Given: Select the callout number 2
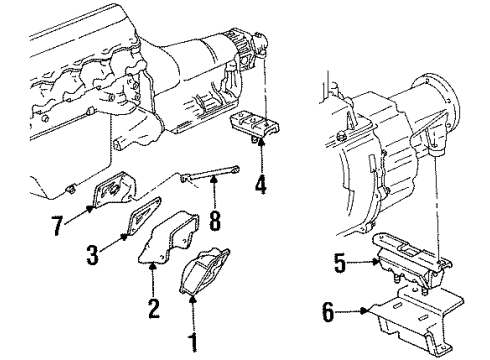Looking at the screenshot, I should click(152, 307).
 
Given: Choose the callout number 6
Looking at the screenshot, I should click(327, 313).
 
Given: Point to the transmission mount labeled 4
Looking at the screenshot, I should click(255, 128).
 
